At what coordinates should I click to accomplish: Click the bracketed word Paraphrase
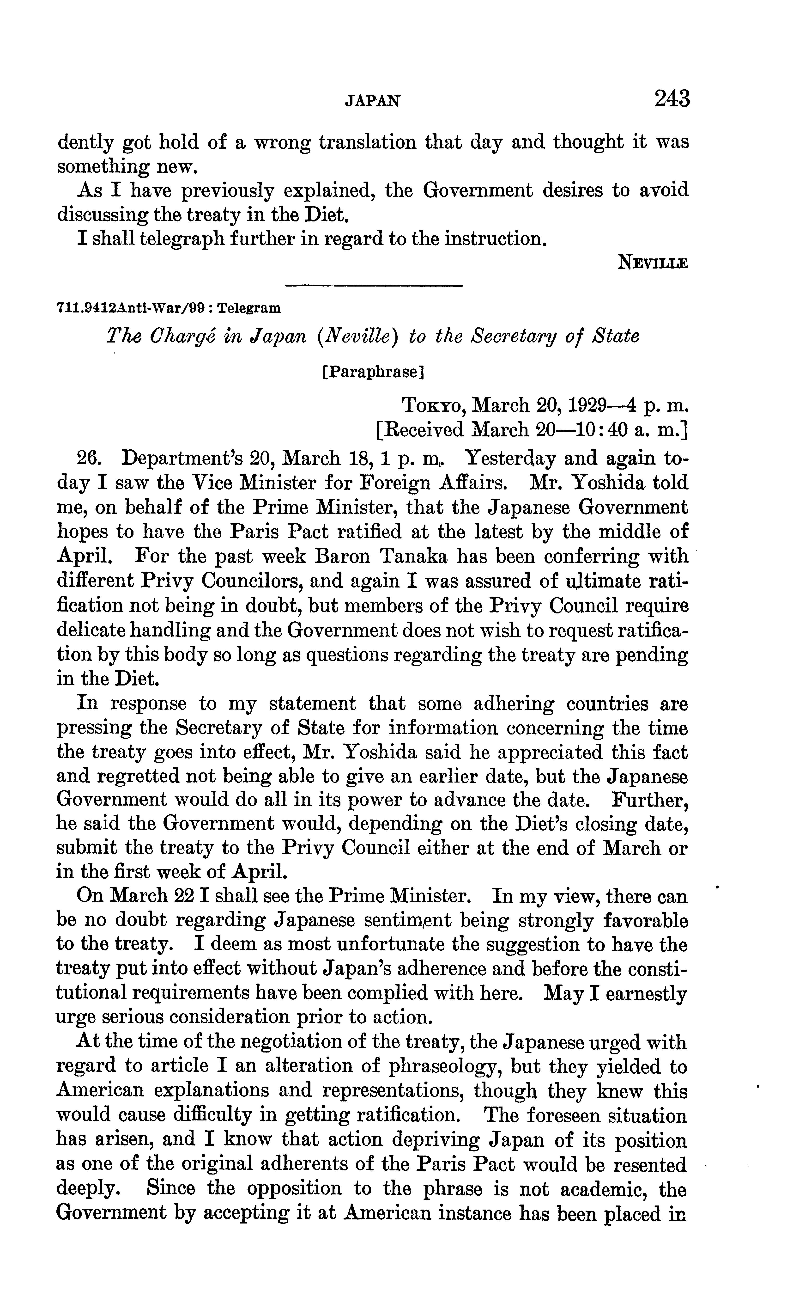pyautogui.click(x=373, y=373)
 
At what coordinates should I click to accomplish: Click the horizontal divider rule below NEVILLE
pyautogui.click(x=374, y=287)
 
